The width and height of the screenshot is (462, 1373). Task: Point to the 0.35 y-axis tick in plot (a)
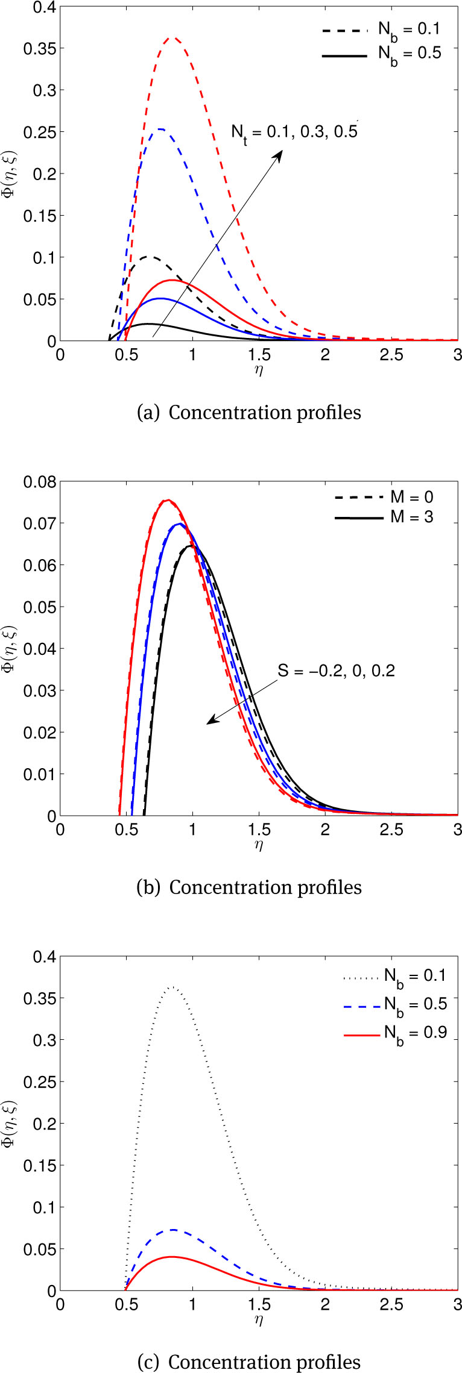coord(37,48)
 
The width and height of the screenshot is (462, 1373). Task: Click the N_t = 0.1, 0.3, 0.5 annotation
coord(294,132)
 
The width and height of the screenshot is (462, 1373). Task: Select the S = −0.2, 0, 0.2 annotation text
coord(336,671)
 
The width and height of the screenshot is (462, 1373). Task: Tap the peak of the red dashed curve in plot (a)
coord(173,38)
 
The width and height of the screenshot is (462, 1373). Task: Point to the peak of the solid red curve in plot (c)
coord(172,1257)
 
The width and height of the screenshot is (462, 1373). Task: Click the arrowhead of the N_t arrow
coord(281,153)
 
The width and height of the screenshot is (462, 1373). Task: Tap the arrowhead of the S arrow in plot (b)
coord(209,722)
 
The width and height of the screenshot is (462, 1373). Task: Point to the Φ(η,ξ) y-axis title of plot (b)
coord(10,649)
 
